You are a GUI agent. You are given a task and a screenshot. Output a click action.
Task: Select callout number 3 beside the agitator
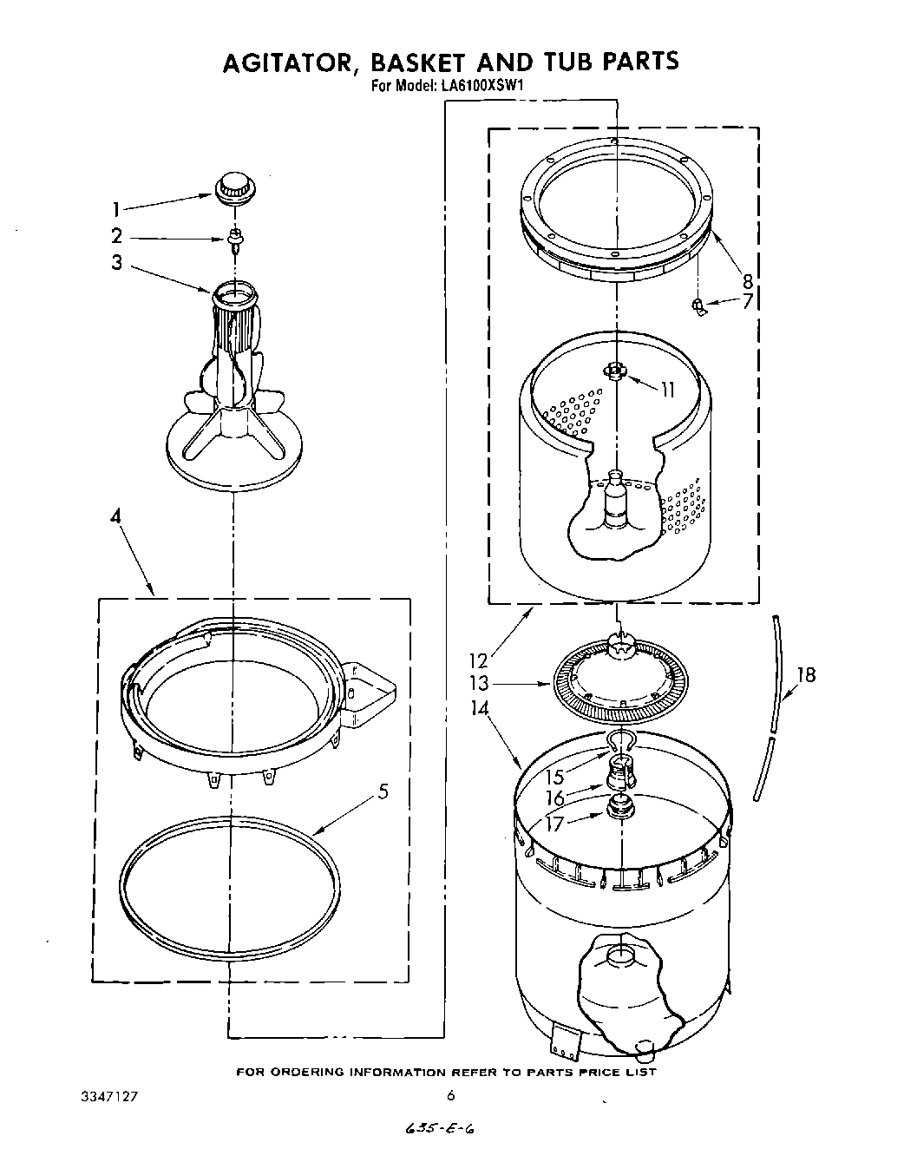click(116, 262)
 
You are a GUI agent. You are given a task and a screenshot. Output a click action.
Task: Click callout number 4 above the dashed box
click(115, 516)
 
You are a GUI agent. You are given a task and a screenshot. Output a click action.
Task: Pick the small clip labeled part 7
click(698, 304)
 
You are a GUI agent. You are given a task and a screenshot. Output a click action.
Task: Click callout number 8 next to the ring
click(747, 280)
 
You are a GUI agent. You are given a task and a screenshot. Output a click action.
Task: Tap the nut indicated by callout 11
click(615, 371)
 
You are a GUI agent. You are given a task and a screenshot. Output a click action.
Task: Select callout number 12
click(478, 661)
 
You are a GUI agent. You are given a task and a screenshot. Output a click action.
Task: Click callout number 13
click(479, 684)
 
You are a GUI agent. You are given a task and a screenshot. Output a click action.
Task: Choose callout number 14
click(479, 707)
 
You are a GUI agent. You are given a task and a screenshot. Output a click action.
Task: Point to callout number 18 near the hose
click(806, 674)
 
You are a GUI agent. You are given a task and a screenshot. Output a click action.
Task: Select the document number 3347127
click(108, 1096)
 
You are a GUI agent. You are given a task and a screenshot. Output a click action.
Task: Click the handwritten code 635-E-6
click(442, 1129)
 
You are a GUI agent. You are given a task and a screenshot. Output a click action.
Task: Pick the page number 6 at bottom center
click(451, 1095)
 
